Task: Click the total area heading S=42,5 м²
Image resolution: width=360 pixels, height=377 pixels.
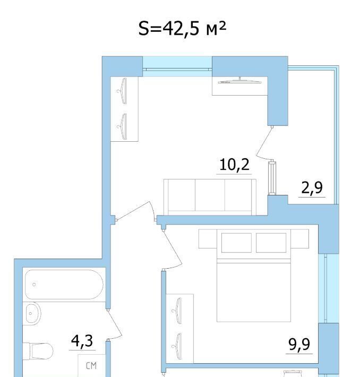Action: pyautogui.click(x=182, y=29)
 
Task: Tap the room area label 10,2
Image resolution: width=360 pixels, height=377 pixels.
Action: pyautogui.click(x=234, y=165)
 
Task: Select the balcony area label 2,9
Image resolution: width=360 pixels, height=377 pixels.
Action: pyautogui.click(x=312, y=188)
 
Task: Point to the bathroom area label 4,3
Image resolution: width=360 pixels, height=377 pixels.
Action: pyautogui.click(x=82, y=341)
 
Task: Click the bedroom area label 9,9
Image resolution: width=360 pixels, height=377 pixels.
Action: pyautogui.click(x=299, y=344)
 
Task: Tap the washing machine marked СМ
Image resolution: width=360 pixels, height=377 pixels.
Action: pyautogui.click(x=92, y=365)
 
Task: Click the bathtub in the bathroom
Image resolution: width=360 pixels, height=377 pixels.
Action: pyautogui.click(x=64, y=285)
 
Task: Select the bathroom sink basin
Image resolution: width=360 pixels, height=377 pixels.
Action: pyautogui.click(x=33, y=313)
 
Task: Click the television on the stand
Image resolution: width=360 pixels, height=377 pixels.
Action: pyautogui.click(x=240, y=81)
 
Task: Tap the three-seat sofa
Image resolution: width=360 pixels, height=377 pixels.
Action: pyautogui.click(x=210, y=197)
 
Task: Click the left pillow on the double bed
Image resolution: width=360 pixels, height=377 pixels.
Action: pyautogui.click(x=236, y=243)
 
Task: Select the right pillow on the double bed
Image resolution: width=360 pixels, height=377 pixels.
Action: pyautogui.click(x=271, y=243)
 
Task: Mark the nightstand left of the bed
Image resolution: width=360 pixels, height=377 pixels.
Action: pyautogui.click(x=208, y=239)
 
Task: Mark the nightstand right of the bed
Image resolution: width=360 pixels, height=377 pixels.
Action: pyautogui.click(x=299, y=239)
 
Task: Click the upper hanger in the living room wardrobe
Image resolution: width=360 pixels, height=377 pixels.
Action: pyautogui.click(x=122, y=91)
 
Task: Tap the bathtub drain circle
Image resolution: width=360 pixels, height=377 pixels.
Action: pyautogui.click(x=34, y=285)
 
